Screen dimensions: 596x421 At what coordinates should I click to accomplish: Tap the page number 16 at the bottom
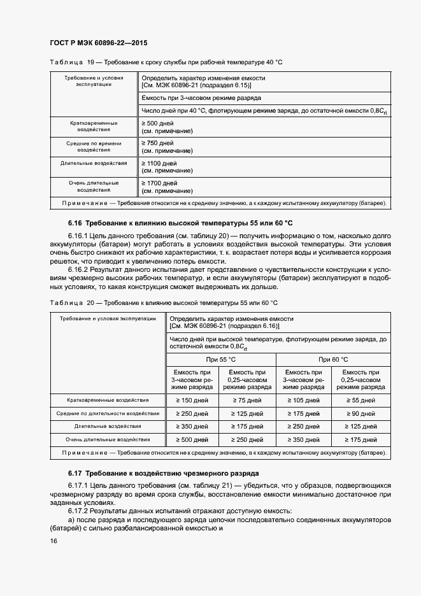[54, 541]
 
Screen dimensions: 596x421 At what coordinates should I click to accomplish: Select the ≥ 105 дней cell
[304, 401]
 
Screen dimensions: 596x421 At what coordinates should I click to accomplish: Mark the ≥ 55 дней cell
[360, 401]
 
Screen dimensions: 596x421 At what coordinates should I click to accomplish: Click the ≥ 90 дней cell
[360, 414]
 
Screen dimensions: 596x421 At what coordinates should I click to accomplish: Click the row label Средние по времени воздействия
[94, 147]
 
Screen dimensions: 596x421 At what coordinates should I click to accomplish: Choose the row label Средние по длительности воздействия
[108, 413]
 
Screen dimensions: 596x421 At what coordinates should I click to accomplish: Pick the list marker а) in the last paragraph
[71, 520]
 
